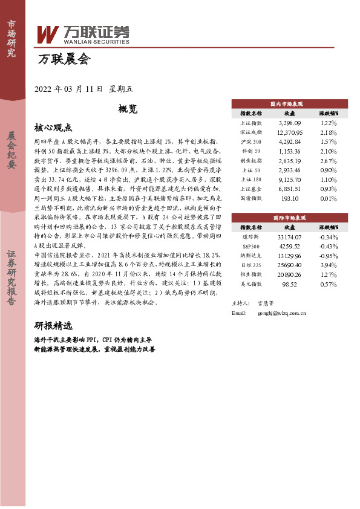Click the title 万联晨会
click(x=64, y=59)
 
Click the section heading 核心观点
click(x=53, y=128)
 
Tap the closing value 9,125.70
click(x=289, y=180)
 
